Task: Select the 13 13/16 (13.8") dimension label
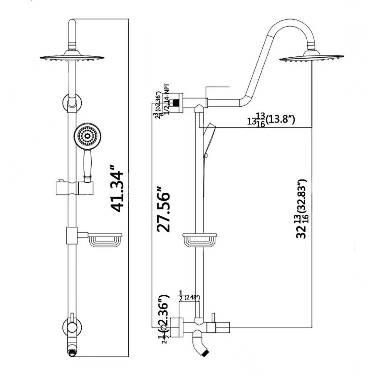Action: click(271, 120)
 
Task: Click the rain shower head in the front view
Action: click(72, 57)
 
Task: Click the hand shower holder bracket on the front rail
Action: click(73, 188)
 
